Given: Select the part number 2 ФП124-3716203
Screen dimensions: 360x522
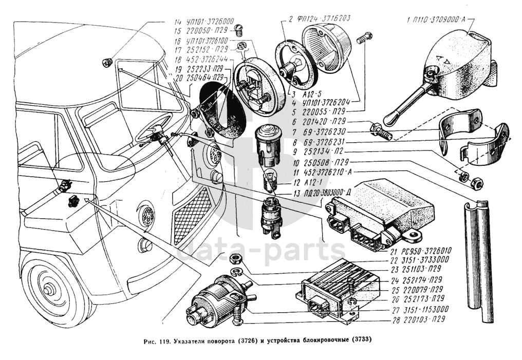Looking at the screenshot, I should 320,19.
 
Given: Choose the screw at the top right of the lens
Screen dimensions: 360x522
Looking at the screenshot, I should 364,38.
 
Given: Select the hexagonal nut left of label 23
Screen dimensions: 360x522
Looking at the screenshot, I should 237,258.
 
